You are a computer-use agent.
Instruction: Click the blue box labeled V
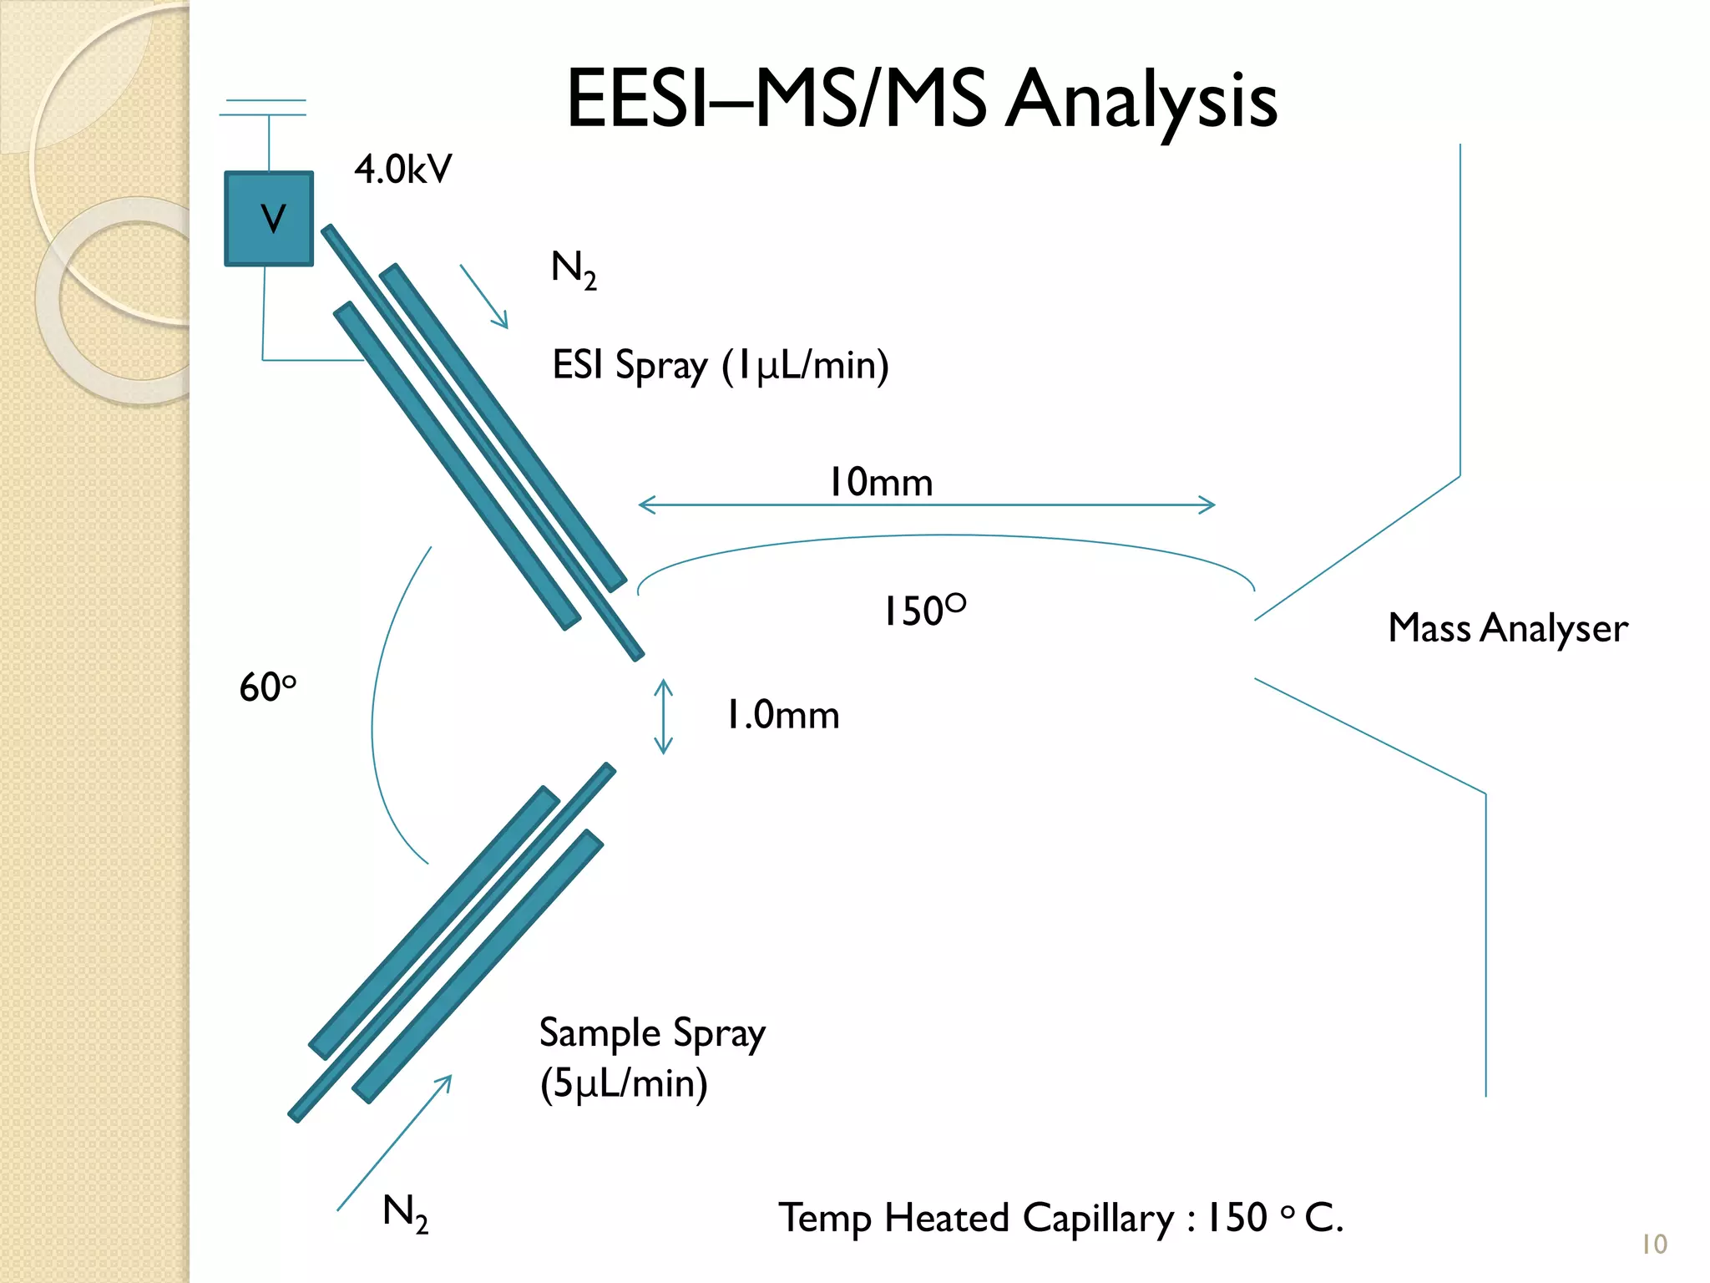click(269, 219)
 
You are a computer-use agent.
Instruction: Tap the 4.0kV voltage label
click(402, 170)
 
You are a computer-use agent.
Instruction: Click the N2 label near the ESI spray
click(574, 270)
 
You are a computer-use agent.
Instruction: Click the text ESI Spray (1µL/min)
click(720, 366)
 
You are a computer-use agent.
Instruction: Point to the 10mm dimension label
click(880, 483)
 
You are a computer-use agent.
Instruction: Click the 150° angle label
click(924, 611)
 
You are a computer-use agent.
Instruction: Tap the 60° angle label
click(267, 687)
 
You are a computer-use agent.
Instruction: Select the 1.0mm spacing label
click(782, 715)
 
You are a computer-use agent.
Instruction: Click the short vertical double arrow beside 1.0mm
click(663, 717)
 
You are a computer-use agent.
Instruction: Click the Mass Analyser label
click(1507, 628)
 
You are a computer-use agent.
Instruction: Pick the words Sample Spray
click(651, 1033)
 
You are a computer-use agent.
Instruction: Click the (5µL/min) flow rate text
click(624, 1084)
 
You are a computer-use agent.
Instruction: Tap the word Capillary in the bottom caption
click(1098, 1218)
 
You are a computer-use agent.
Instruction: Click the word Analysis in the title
click(1141, 100)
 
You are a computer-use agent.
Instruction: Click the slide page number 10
click(1654, 1245)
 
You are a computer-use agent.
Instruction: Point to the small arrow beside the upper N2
click(483, 297)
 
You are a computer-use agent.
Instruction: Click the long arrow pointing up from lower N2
click(394, 1143)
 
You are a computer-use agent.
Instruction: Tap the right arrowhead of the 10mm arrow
click(1207, 505)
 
